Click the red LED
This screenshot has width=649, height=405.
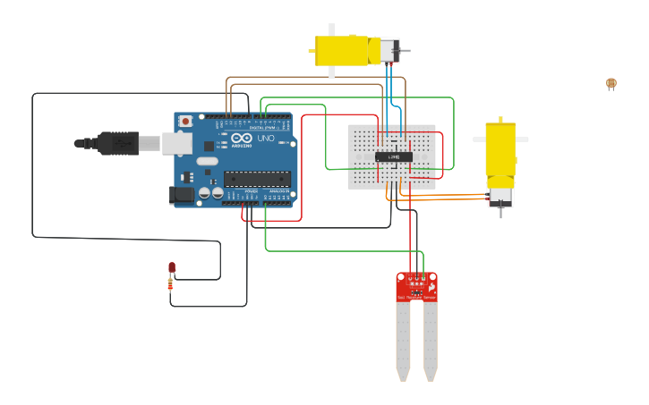pos(172,267)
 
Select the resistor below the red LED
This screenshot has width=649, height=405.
pos(171,284)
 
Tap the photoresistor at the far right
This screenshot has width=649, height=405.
pos(611,83)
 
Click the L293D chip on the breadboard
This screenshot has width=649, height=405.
pos(393,157)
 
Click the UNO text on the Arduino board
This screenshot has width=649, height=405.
pos(266,139)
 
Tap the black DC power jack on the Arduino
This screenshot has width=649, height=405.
pos(182,194)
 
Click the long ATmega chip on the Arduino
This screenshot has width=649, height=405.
pos(257,179)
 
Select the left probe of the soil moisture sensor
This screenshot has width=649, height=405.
pos(404,340)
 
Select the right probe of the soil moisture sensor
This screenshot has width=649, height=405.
pos(431,340)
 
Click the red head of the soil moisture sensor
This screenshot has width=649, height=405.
pos(416,286)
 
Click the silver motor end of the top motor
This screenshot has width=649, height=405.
pos(388,50)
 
